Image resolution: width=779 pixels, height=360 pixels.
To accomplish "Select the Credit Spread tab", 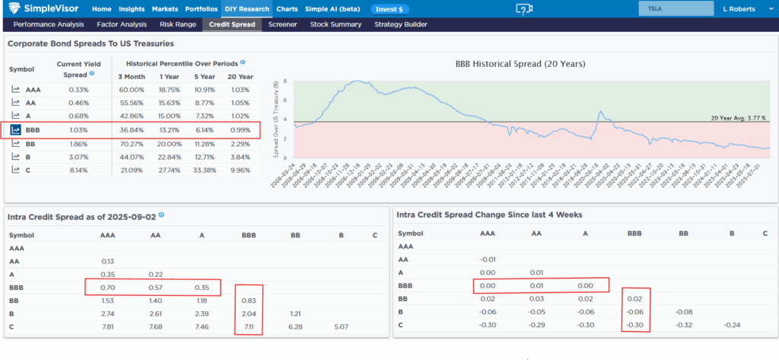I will coord(232,24).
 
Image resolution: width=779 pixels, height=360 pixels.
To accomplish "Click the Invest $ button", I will coord(390,9).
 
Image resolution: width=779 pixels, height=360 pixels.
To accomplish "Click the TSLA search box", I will coord(669,8).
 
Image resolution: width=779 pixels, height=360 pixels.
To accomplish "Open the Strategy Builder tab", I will coord(400,24).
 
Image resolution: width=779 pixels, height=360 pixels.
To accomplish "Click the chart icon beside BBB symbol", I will coord(15,130).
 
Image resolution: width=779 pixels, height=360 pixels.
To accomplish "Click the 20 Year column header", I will coord(241,76).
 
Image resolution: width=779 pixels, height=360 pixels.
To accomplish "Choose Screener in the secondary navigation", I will coord(282,24).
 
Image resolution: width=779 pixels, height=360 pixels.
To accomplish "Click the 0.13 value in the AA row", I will coord(108,261).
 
